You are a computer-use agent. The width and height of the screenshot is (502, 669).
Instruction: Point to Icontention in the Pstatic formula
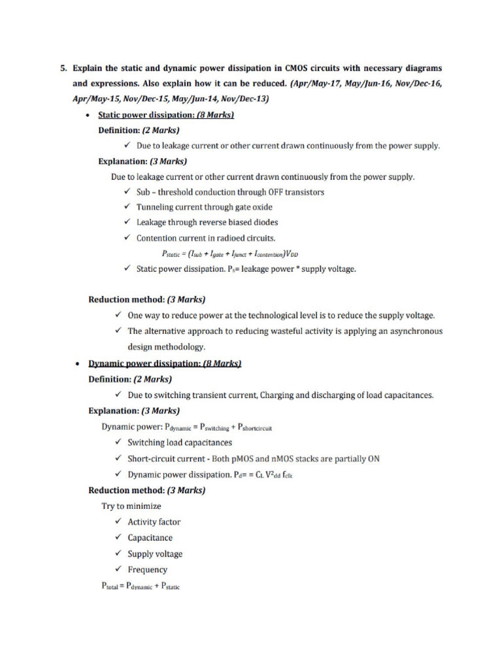pos(262,254)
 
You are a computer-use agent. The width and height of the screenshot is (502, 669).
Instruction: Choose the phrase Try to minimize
pos(131,506)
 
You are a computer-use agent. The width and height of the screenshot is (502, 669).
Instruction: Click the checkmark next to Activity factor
pos(118,522)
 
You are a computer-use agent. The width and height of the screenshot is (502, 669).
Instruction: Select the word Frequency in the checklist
pos(147,570)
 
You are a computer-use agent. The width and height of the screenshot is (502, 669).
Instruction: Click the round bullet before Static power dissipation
pos(88,115)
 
